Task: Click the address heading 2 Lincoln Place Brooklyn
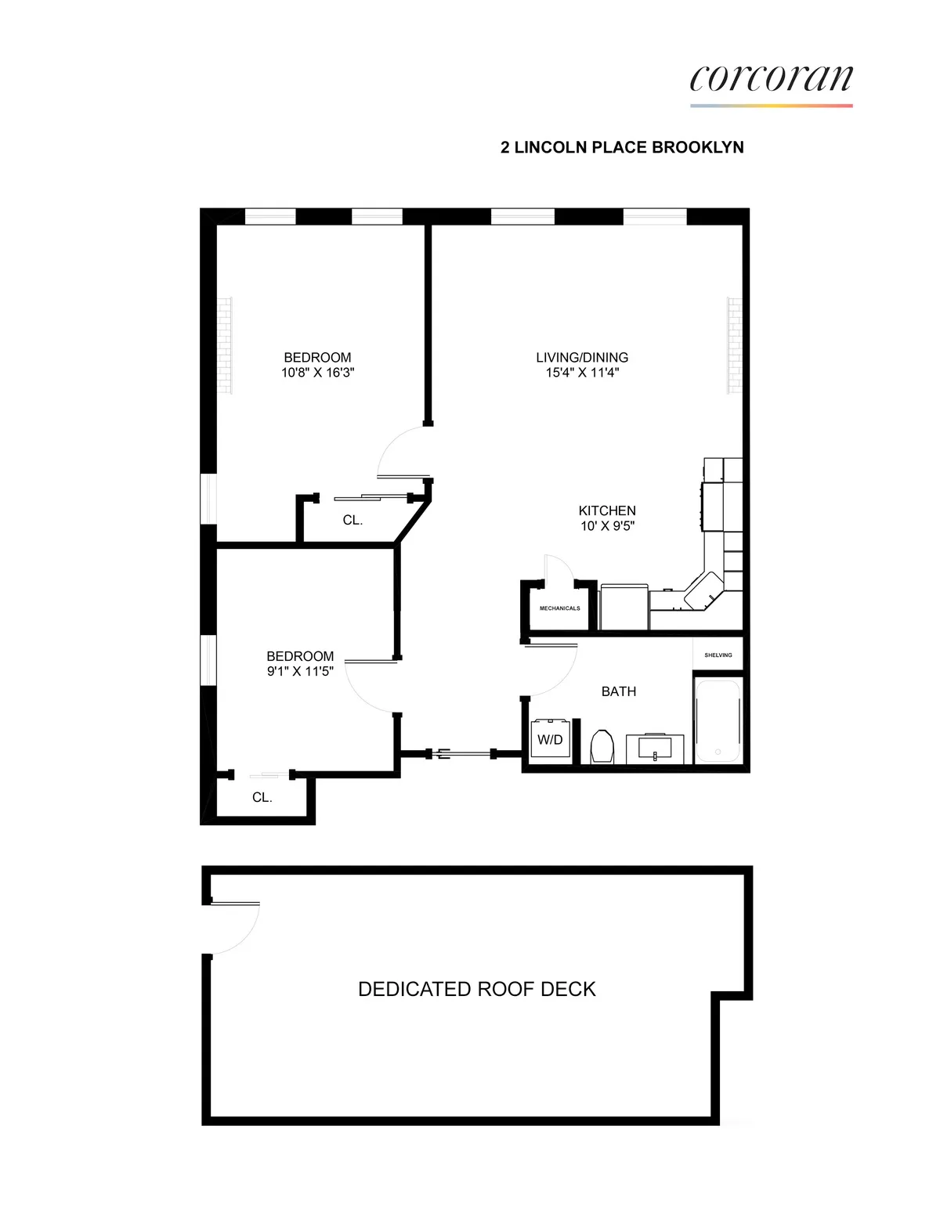(622, 147)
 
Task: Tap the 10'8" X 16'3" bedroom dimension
(317, 373)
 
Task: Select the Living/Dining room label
(582, 357)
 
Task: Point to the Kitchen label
(607, 511)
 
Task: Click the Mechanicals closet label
(559, 608)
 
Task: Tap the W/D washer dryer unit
(550, 739)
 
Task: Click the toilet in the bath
(602, 746)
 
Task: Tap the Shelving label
(718, 655)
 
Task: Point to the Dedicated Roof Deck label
(476, 989)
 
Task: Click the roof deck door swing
(235, 929)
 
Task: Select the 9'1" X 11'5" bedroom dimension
(300, 671)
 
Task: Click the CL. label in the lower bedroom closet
(262, 797)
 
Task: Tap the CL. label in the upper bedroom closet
(352, 520)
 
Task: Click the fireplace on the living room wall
(734, 345)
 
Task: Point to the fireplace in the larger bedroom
(225, 345)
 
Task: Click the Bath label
(618, 691)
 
